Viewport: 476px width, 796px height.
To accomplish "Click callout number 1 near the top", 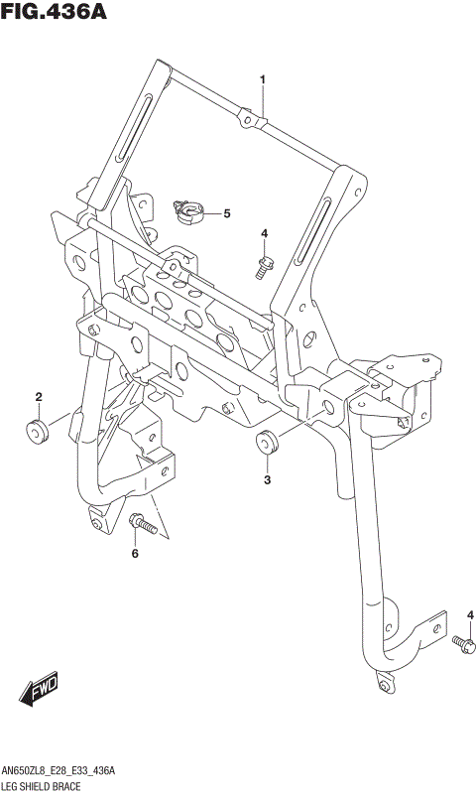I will pos(263,78).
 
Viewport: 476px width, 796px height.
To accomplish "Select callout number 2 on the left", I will pos(39,398).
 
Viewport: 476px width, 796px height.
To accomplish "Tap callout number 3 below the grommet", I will pos(266,480).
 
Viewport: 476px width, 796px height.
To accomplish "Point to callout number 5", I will pos(226,212).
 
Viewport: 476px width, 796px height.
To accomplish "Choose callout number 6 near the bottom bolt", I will pos(135,554).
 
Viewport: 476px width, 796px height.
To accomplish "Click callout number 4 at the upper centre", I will pos(264,233).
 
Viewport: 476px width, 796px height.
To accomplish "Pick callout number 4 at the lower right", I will pos(470,615).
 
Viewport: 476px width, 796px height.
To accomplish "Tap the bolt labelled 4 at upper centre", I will pos(264,264).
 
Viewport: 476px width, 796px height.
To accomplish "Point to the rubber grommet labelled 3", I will pos(266,442).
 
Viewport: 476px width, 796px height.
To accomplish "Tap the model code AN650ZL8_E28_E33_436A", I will pos(59,770).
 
